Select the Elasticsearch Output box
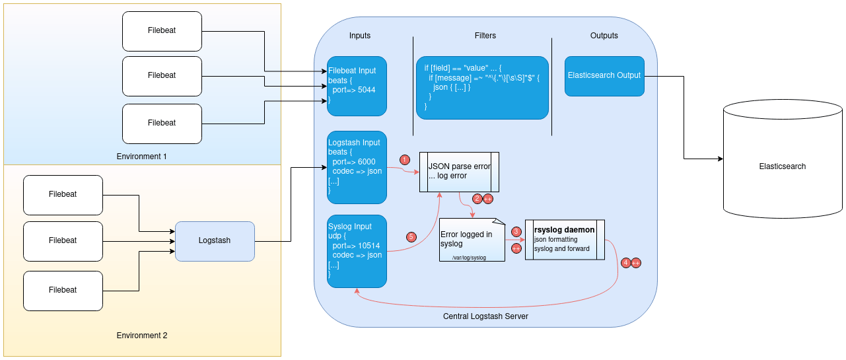(x=604, y=76)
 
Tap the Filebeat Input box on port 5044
(x=357, y=86)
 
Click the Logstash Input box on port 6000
(x=357, y=167)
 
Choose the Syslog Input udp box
(x=357, y=251)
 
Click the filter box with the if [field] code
(x=482, y=87)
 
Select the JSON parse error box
(x=459, y=172)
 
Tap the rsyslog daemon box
(x=565, y=240)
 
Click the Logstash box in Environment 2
(x=215, y=240)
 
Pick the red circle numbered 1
(x=405, y=160)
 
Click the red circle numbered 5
(x=411, y=236)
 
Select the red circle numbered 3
(x=516, y=231)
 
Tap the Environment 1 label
(x=141, y=157)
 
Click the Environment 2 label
(x=141, y=336)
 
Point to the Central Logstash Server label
(x=485, y=316)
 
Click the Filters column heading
(x=485, y=36)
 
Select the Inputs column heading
(x=360, y=36)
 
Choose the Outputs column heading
(x=604, y=36)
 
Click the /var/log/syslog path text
(x=469, y=258)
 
